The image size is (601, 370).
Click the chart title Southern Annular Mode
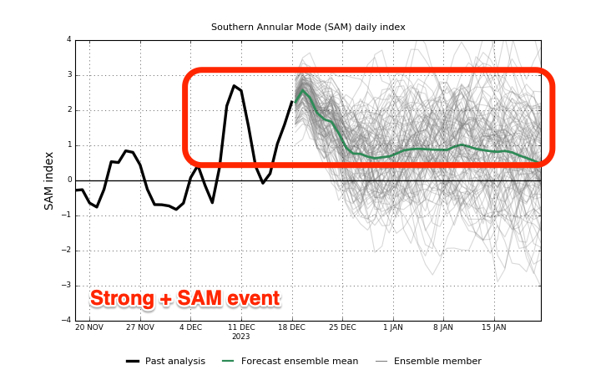pyautogui.click(x=308, y=28)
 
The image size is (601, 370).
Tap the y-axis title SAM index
pyautogui.click(x=48, y=181)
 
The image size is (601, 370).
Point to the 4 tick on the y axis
pyautogui.click(x=69, y=39)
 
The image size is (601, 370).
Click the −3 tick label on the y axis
pyautogui.click(x=67, y=286)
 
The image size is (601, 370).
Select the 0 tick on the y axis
pyautogui.click(x=69, y=180)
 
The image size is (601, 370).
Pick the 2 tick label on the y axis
pyautogui.click(x=69, y=109)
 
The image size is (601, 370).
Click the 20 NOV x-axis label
pyautogui.click(x=89, y=327)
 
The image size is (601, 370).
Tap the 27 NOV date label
pyautogui.click(x=140, y=327)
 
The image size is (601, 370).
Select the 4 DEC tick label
pyautogui.click(x=190, y=327)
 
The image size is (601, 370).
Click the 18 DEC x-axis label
pyautogui.click(x=291, y=327)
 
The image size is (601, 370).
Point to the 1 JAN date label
pyautogui.click(x=393, y=327)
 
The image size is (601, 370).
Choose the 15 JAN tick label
pyautogui.click(x=494, y=327)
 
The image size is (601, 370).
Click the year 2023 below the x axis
pyautogui.click(x=240, y=337)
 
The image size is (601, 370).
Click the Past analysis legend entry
pyautogui.click(x=165, y=361)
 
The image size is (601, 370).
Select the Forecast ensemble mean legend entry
pyautogui.click(x=290, y=361)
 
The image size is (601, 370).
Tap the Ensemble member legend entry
pyautogui.click(x=428, y=361)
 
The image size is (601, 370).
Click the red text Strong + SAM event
pyautogui.click(x=185, y=298)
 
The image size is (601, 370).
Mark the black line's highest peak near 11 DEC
pyautogui.click(x=235, y=85)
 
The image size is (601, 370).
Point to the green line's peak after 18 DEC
pyautogui.click(x=303, y=90)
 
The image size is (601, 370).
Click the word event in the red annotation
pyautogui.click(x=254, y=298)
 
